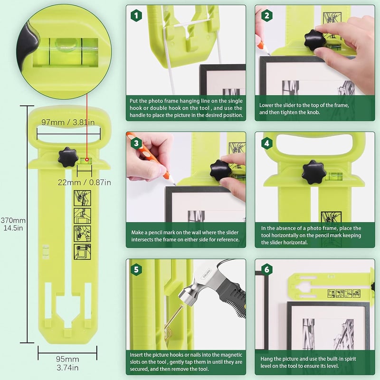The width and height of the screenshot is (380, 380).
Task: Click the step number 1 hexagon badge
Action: point(136,16)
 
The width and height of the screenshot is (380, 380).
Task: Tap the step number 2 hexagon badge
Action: point(267,16)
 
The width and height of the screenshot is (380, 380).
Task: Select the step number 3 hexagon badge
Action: point(136,143)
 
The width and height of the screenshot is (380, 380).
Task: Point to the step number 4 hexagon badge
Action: point(267,143)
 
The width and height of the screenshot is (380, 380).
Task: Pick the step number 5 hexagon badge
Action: point(136,269)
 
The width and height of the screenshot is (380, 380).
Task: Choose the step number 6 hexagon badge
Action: point(267,269)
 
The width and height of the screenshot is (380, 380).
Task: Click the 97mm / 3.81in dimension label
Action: point(68,122)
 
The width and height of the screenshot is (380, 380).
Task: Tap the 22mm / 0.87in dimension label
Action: point(85,182)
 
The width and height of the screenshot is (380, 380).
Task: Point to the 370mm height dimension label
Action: point(13,224)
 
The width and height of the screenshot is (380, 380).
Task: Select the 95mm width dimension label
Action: point(67,363)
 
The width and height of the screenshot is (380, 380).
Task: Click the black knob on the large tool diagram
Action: point(68,158)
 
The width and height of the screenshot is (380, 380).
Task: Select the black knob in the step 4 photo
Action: point(313,172)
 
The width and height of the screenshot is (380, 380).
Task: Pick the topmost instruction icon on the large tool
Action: point(82,198)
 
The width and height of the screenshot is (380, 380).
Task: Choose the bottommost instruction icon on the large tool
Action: point(82,252)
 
